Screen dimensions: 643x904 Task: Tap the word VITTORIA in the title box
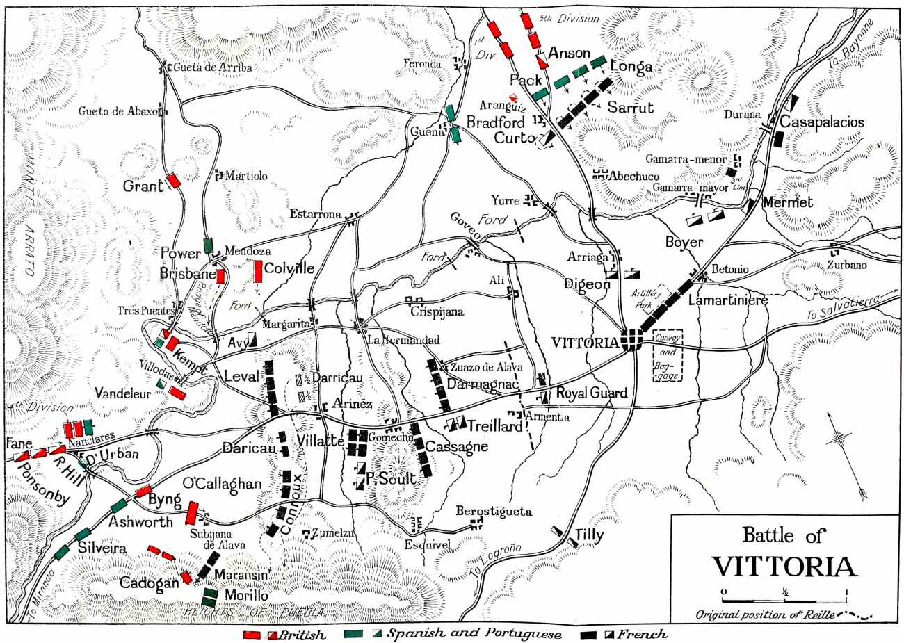(x=784, y=566)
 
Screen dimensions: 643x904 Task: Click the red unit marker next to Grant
(x=173, y=180)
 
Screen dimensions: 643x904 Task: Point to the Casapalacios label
(x=822, y=122)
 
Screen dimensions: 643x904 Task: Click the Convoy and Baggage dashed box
(x=668, y=355)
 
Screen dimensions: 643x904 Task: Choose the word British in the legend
(x=302, y=635)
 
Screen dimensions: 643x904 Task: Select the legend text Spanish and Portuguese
(x=474, y=635)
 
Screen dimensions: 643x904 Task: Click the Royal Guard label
(x=591, y=393)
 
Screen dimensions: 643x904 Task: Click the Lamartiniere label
(x=727, y=301)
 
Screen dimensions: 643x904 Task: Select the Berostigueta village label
(x=494, y=512)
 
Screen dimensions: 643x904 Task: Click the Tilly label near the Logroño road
(x=589, y=536)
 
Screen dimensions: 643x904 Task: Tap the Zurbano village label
(x=846, y=265)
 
